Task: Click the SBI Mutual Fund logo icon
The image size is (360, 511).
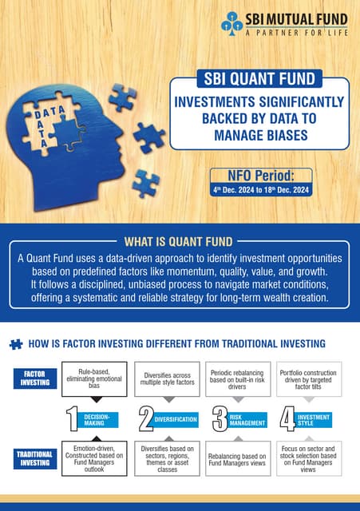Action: tap(232, 22)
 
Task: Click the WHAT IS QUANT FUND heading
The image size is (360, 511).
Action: tap(179, 241)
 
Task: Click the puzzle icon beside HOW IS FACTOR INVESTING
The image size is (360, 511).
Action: tap(15, 345)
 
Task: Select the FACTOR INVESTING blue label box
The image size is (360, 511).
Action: tap(34, 378)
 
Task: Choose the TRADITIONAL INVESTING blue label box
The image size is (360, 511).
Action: tap(34, 457)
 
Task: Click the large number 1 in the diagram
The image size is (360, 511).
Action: tap(73, 418)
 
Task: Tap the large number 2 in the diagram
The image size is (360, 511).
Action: tap(146, 418)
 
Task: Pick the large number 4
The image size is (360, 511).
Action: tap(287, 418)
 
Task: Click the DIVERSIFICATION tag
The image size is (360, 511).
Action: tap(176, 418)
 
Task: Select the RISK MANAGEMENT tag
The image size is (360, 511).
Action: tap(247, 418)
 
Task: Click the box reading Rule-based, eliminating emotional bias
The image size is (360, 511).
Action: tap(94, 378)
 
